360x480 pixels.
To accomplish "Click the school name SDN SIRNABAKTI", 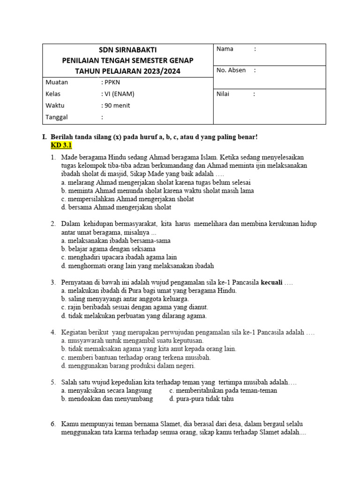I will tap(127, 50).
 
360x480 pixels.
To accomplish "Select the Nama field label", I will tap(225, 49).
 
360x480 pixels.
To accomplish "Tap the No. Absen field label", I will tap(231, 70).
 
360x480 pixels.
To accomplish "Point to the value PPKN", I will tap(111, 82).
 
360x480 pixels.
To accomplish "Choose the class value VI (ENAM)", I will tap(118, 94).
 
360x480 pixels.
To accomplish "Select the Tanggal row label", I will tap(57, 117).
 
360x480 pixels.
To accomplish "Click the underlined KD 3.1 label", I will tap(60, 145).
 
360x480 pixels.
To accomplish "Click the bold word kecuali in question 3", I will tap(271, 283).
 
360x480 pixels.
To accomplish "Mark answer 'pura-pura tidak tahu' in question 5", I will tap(202, 399).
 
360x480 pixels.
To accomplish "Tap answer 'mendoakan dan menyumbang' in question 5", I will tap(107, 399).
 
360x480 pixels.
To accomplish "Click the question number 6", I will tap(53, 424).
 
